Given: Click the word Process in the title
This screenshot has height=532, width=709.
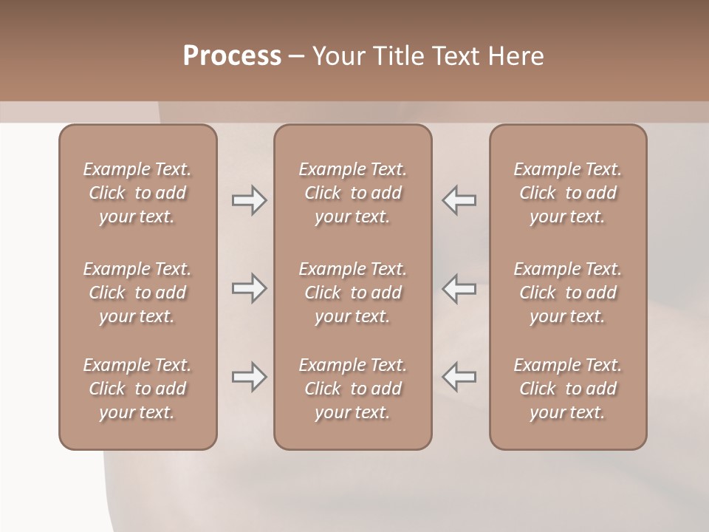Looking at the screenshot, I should pos(232,56).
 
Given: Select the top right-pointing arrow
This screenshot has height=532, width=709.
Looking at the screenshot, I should pos(249,200).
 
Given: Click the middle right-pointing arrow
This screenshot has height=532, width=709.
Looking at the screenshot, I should pos(249,288).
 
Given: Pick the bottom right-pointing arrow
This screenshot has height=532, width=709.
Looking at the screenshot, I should pos(249,378).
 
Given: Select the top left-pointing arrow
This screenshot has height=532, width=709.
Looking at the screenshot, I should pos(459,200).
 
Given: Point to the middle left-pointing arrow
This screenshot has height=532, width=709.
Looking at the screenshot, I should pos(459,288).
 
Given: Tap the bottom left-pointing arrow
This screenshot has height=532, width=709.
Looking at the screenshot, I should pos(459,378).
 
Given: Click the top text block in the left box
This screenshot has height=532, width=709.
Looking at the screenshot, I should pos(137,193).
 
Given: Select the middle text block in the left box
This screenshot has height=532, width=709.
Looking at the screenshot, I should pos(137,293).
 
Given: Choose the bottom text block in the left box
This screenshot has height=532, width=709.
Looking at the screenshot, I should pos(137,389).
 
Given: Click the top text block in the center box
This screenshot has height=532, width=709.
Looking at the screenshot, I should pos(352,193).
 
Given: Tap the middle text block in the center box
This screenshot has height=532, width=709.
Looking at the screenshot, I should pos(352,293).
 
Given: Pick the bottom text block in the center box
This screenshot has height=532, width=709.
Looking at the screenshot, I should pos(352,389).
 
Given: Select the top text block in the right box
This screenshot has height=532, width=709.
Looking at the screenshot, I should pos(567,193).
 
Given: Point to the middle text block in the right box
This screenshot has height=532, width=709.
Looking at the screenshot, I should pos(567,293).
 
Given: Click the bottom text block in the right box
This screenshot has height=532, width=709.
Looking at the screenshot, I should pos(567,389).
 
